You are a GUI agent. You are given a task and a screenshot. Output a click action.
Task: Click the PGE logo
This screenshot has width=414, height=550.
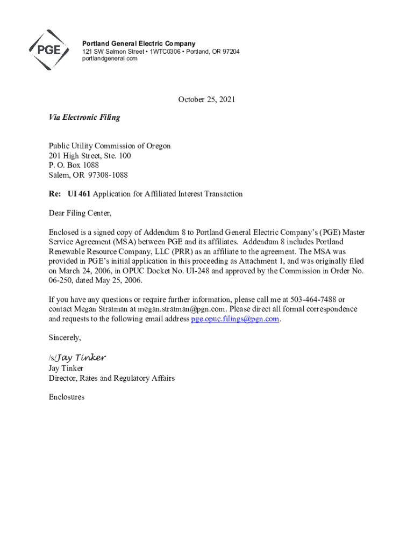[49, 50]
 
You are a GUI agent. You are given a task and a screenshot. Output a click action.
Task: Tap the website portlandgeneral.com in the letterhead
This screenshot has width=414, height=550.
[110, 59]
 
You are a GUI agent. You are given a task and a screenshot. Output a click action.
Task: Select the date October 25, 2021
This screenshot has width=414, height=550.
[207, 99]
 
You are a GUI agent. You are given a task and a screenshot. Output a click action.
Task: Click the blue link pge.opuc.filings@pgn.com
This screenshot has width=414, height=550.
[235, 319]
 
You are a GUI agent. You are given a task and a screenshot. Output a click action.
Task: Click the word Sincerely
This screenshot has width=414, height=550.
[65, 338]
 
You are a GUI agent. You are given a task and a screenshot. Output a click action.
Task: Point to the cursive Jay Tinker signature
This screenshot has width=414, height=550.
[81, 358]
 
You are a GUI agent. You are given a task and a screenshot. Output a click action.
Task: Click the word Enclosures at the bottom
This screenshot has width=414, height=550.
[67, 397]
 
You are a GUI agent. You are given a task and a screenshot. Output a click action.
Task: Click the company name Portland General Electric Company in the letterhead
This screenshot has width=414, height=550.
[139, 44]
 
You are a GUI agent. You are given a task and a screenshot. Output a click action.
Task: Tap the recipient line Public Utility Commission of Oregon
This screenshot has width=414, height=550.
[110, 146]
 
